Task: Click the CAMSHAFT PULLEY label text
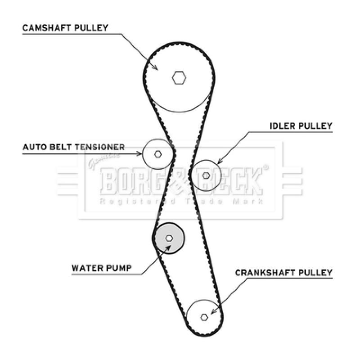[66, 28]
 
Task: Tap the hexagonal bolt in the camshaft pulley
[179, 78]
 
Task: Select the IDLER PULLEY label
[301, 126]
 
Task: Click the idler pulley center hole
[206, 175]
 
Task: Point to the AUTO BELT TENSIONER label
[74, 147]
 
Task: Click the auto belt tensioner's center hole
[157, 154]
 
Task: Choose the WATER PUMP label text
[102, 269]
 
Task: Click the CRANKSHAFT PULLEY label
[284, 273]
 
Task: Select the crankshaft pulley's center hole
[204, 317]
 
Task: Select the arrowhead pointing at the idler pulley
[219, 162]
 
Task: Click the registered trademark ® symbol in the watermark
[265, 168]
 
